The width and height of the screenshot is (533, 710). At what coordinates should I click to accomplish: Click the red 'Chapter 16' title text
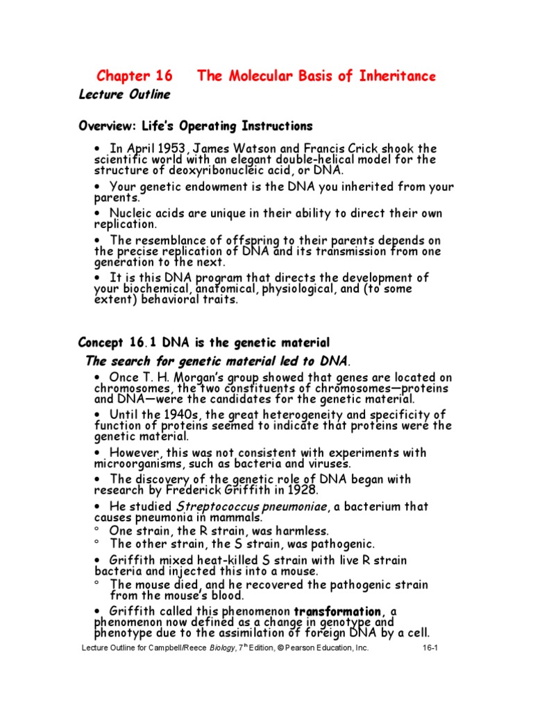134,76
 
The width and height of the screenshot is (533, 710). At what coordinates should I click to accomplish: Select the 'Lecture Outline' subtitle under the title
124,94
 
